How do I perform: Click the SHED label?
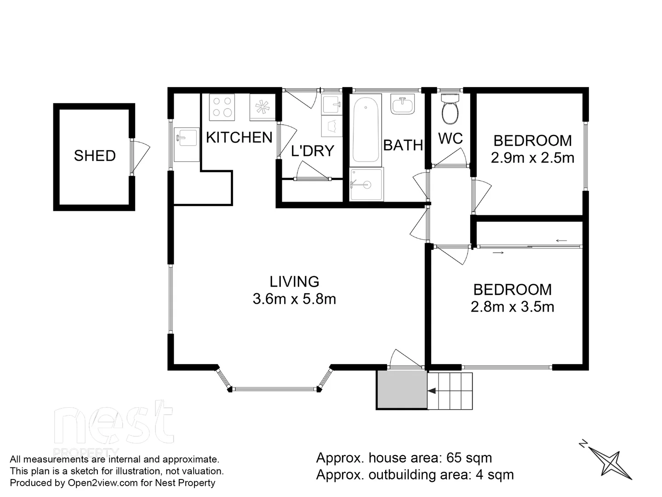[x=95, y=156]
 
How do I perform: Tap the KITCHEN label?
[x=239, y=138]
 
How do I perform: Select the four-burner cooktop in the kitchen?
[x=222, y=107]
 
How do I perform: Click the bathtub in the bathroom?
[x=366, y=128]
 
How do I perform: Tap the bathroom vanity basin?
[x=403, y=104]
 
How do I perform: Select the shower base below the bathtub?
[x=366, y=185]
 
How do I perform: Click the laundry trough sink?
[x=331, y=105]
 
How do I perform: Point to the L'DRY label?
[x=313, y=151]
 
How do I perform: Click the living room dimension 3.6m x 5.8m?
[x=294, y=299]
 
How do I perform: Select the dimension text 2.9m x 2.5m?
[x=532, y=158]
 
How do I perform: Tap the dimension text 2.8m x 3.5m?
[x=512, y=307]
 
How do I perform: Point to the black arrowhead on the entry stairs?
[x=432, y=391]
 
